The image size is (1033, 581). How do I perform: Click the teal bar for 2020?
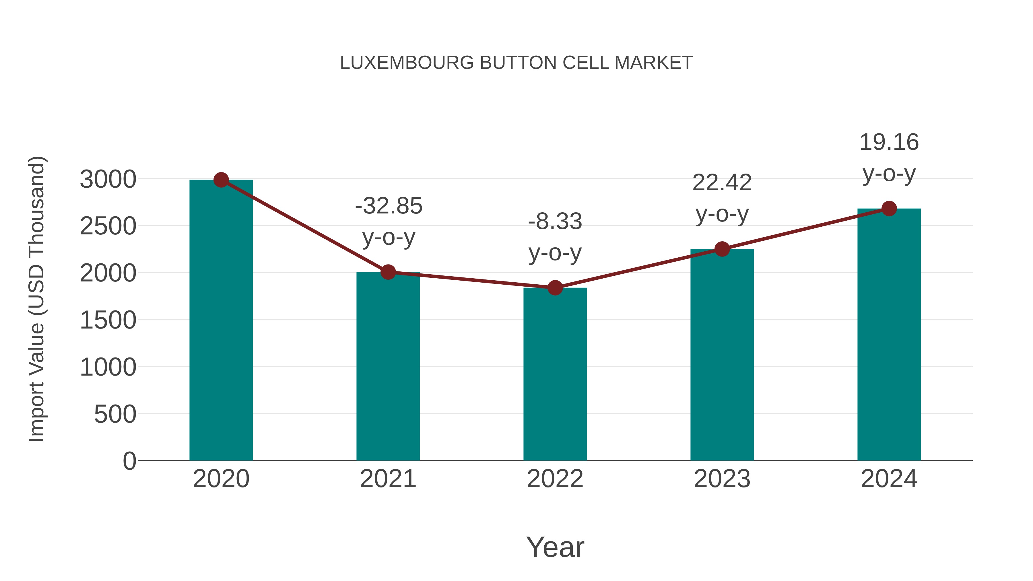pos(221,321)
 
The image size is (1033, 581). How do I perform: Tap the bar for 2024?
pos(889,335)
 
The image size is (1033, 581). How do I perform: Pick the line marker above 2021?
pos(388,272)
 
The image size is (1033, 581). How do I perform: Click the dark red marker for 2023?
pos(722,249)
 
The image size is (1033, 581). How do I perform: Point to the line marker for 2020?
pos(221,180)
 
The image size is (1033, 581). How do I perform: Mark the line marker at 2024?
pos(889,209)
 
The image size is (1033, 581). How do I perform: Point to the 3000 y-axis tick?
pos(108,179)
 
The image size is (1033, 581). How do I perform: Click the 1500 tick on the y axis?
pos(108,320)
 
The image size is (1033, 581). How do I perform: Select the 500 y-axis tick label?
pos(115,414)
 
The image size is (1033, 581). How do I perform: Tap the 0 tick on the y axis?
pos(129,461)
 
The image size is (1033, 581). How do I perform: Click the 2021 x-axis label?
pos(388,479)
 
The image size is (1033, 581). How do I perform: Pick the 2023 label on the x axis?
pos(722,479)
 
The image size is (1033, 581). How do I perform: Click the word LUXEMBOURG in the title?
pos(407,63)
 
